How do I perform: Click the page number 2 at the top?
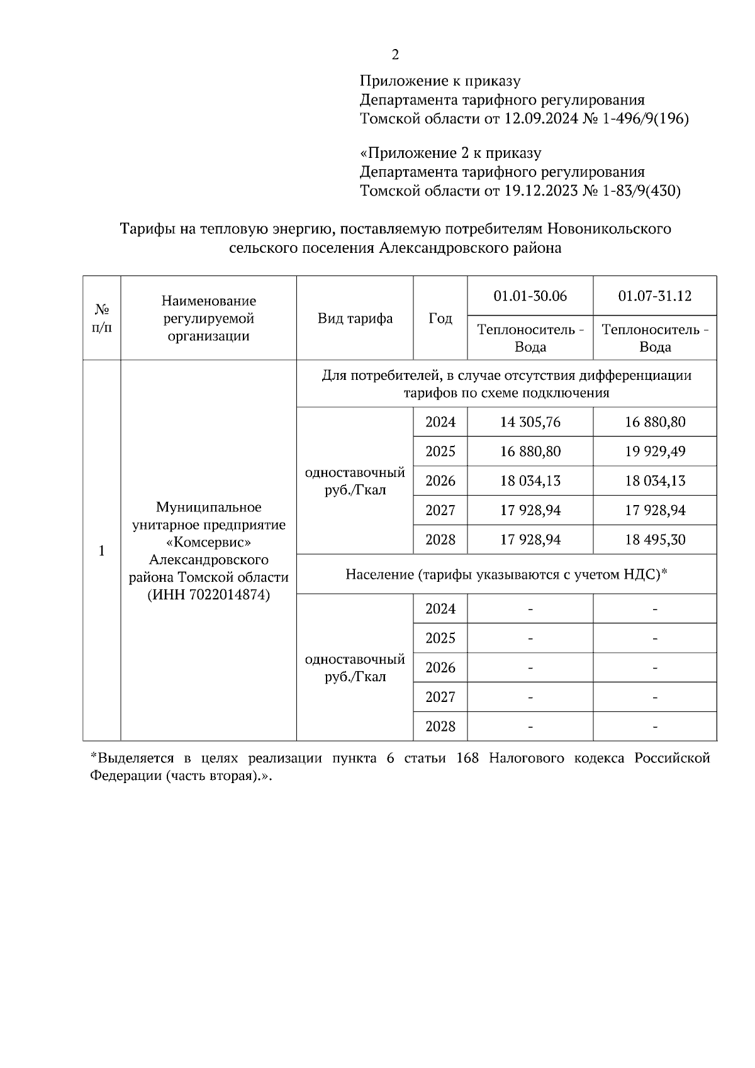coord(395,55)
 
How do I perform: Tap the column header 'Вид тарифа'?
coord(355,318)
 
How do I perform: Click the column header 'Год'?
coord(440,318)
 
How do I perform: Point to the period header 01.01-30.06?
coord(530,296)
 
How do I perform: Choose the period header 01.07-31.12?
coord(654,296)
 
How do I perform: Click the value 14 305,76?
coord(530,422)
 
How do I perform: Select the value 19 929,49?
coord(654,452)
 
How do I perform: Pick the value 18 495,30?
coord(654,540)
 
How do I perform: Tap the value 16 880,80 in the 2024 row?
coord(654,422)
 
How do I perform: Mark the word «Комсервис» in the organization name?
coord(208,542)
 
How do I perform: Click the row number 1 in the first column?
coord(102,551)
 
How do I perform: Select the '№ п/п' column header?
coord(102,318)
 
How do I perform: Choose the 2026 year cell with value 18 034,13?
coord(440,481)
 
